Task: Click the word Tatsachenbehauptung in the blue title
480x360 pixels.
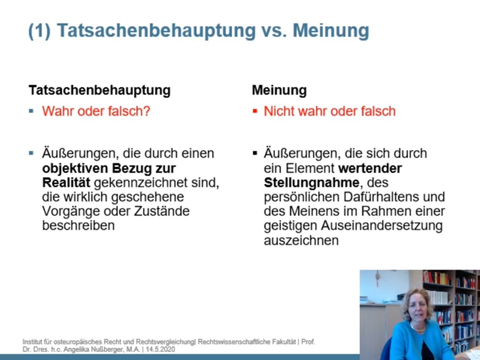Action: [156, 31]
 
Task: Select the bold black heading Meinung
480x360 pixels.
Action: [279, 90]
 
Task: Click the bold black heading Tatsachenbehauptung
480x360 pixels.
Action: [100, 90]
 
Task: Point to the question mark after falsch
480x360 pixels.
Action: [147, 111]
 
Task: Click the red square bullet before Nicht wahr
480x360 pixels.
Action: [255, 111]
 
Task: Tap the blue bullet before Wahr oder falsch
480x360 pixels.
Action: [31, 111]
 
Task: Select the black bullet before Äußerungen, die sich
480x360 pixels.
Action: [255, 153]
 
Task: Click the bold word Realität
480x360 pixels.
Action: [66, 182]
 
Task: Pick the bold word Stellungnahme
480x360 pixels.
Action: [311, 183]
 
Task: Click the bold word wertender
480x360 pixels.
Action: [370, 168]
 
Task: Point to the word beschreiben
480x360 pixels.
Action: [78, 225]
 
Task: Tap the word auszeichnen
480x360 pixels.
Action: [301, 240]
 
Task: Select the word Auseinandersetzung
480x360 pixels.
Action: [382, 226]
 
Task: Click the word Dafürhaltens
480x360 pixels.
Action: [380, 197]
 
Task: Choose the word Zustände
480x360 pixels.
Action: [162, 211]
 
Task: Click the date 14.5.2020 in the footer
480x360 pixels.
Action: [160, 349]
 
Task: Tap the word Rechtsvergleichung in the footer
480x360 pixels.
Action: [165, 342]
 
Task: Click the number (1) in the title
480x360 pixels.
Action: [40, 31]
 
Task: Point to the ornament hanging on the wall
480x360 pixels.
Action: [377, 278]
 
